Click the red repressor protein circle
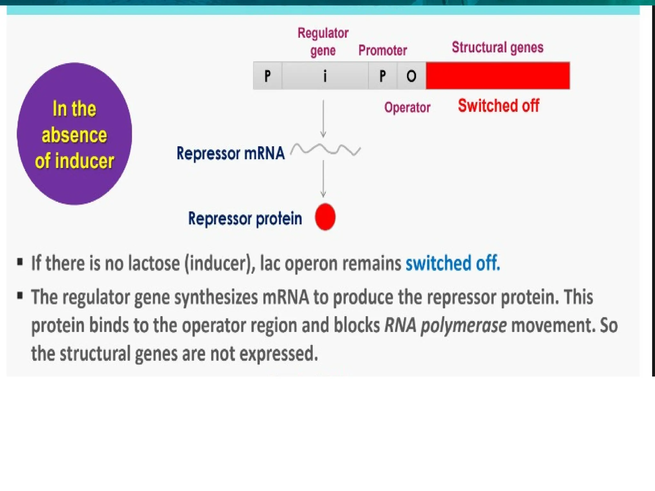point(325,217)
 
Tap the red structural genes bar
point(498,76)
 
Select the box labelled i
point(325,76)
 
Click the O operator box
point(411,76)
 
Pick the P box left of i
point(268,76)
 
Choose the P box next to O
point(383,76)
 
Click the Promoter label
point(383,50)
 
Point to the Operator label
point(407,107)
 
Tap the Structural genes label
point(497,47)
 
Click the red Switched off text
point(498,105)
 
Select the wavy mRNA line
point(326,150)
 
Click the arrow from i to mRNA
point(323,118)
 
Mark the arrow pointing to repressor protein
point(323,179)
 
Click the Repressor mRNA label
point(230,153)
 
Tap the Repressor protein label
point(245,219)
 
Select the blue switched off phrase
point(453,263)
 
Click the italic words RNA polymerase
point(445,325)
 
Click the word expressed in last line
point(278,354)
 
